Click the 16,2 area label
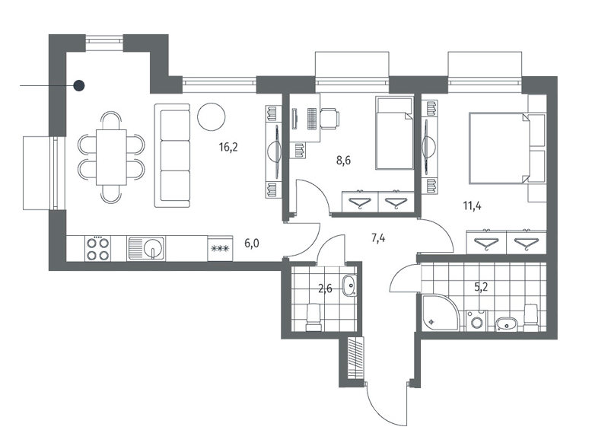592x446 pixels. (x=228, y=148)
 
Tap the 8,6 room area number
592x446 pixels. (x=343, y=161)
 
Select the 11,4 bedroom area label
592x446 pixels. (x=472, y=206)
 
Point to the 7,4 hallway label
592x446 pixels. (x=378, y=238)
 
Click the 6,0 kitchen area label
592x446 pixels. (x=251, y=244)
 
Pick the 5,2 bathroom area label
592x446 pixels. (x=481, y=288)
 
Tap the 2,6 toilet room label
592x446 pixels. (x=325, y=289)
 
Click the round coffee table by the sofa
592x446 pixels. (x=212, y=116)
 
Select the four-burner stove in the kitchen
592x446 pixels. (x=98, y=248)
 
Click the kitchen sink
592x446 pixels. (x=146, y=248)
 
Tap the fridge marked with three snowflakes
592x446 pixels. (x=220, y=248)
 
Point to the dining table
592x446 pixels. (x=111, y=157)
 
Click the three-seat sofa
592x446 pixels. (x=172, y=155)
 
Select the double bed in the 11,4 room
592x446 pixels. (x=498, y=148)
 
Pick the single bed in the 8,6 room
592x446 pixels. (x=394, y=133)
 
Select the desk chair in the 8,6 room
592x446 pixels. (x=329, y=117)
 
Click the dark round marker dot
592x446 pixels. (x=79, y=86)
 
